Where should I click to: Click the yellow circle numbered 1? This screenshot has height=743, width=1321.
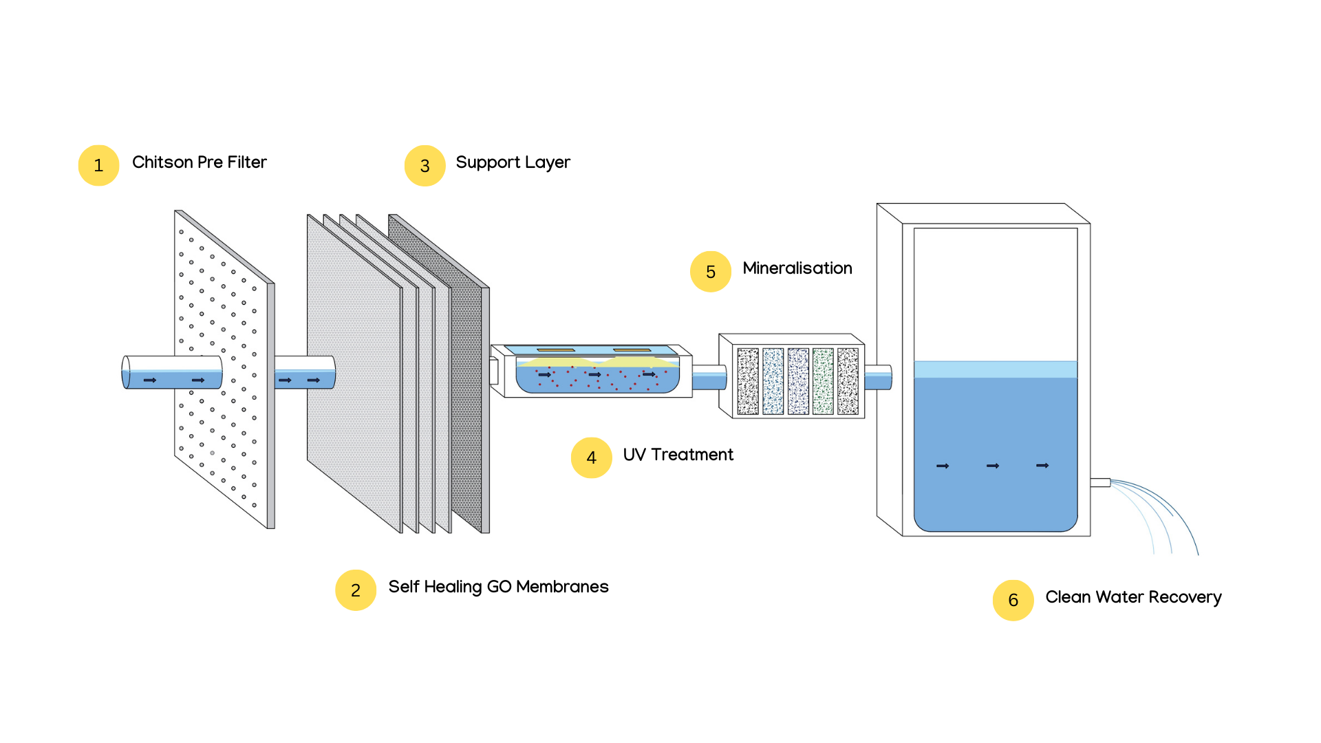coord(98,165)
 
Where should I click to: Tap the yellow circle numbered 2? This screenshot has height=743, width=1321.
coord(355,590)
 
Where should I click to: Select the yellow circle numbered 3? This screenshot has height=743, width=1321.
coord(425,165)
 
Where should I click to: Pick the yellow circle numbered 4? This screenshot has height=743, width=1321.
coord(591,457)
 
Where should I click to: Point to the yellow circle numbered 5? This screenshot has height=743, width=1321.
coord(710,271)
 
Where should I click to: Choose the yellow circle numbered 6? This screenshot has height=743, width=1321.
coord(1013,600)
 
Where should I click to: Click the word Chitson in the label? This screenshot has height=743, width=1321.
coord(162,162)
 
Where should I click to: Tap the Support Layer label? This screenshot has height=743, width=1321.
coord(513,162)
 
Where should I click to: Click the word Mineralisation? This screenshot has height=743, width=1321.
coord(797,268)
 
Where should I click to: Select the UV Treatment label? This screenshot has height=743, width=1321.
coord(678,455)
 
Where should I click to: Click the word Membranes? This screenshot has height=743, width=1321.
coord(562,587)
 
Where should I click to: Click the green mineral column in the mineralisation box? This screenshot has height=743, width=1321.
coord(823,381)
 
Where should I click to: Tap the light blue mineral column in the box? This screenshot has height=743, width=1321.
coord(773,381)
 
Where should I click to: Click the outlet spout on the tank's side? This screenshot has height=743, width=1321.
coord(1100,483)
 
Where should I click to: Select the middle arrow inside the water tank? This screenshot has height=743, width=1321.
coord(992,466)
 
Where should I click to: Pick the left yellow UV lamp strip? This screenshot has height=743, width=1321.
coord(555,350)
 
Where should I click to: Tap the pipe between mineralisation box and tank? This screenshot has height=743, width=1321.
coord(878,378)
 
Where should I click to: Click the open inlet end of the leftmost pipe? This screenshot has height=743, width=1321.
coord(126,372)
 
